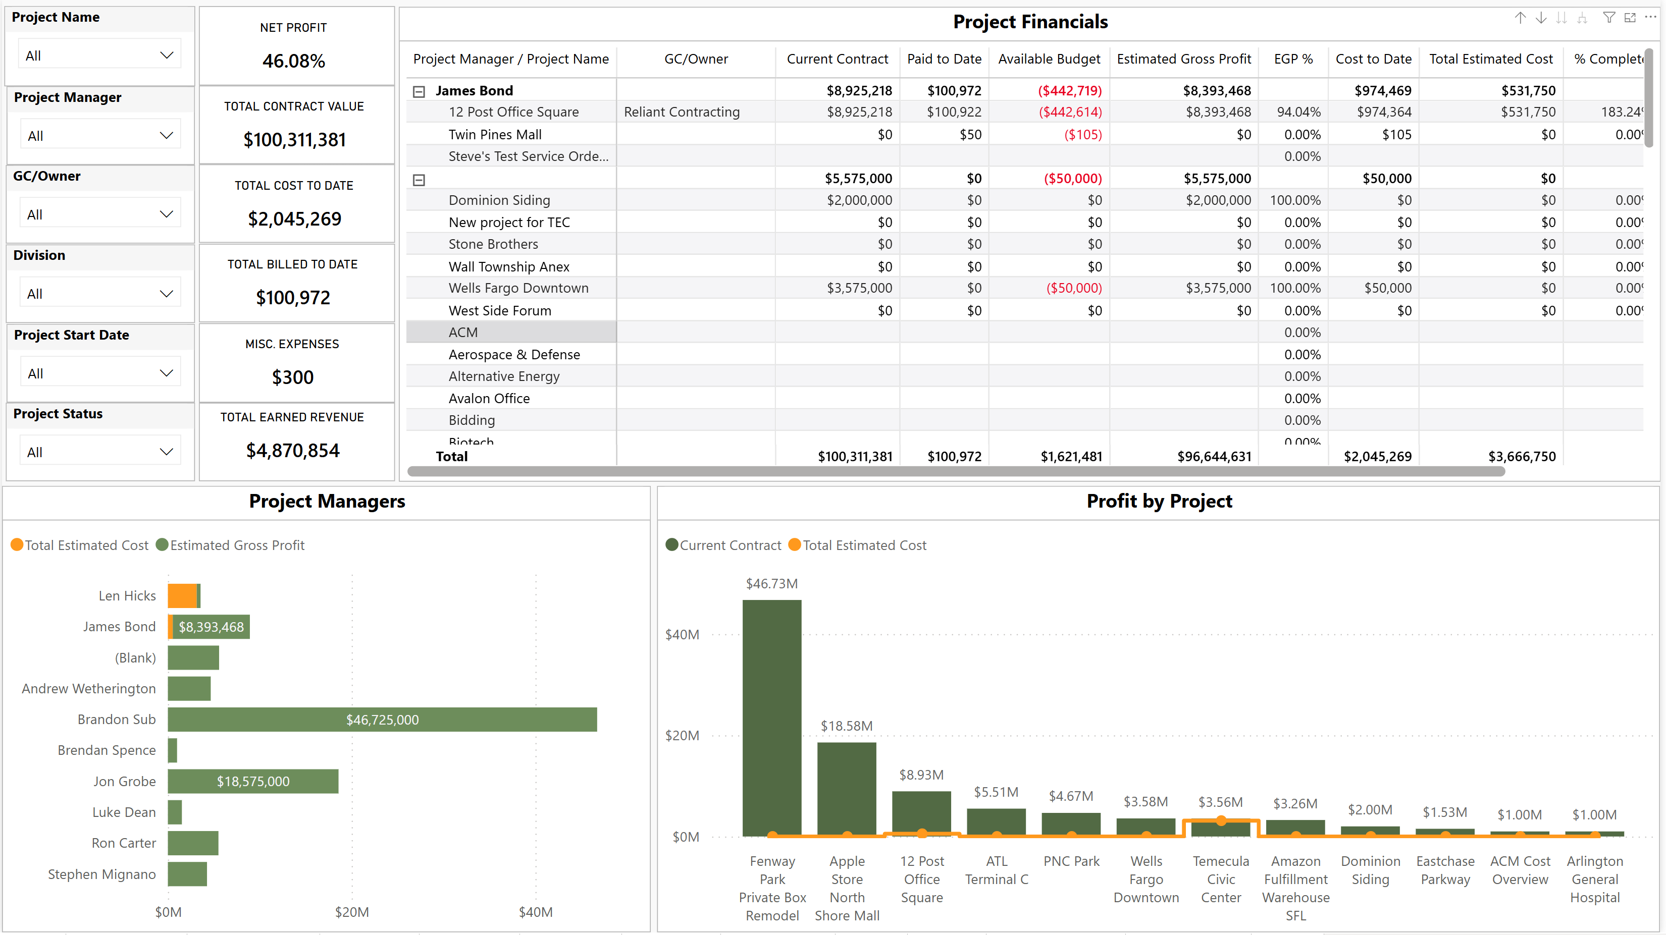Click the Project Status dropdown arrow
[x=166, y=452]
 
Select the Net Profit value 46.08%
[x=294, y=61]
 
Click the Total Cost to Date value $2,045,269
[x=294, y=219]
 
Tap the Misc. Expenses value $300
[x=292, y=377]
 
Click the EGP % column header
[x=1293, y=59]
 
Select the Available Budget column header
[x=1049, y=59]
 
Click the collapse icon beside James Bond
[x=419, y=92]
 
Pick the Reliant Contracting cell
[x=682, y=112]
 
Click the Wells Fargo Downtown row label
[x=518, y=289]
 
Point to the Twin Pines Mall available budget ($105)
[x=1082, y=135]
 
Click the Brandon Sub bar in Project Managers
[x=382, y=720]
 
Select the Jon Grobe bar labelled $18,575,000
[x=253, y=781]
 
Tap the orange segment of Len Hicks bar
[x=182, y=595]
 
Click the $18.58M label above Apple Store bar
[x=847, y=726]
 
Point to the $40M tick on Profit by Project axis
[x=683, y=634]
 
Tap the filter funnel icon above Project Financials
[x=1609, y=18]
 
